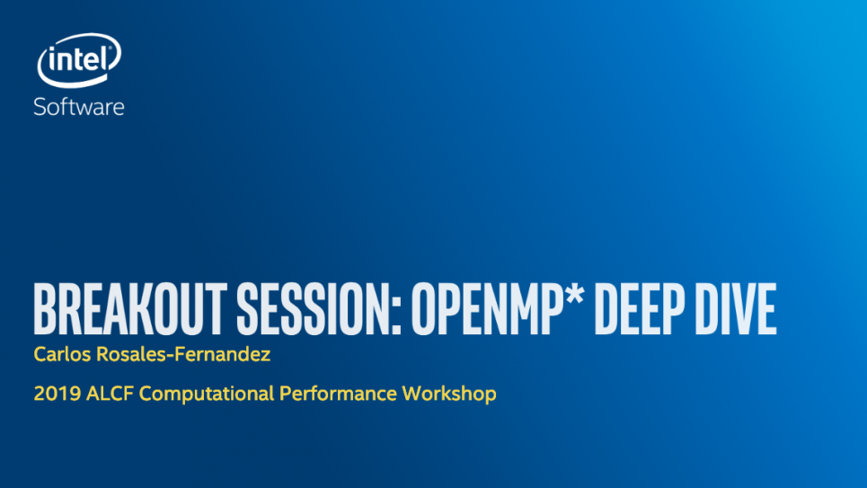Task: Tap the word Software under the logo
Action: pyautogui.click(x=78, y=107)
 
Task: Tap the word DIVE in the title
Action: pyautogui.click(x=736, y=309)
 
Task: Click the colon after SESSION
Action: pyautogui.click(x=396, y=316)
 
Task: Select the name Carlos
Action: pyautogui.click(x=62, y=354)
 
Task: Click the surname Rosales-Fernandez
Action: pyautogui.click(x=183, y=354)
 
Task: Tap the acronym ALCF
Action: pyautogui.click(x=110, y=394)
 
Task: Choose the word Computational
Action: pyautogui.click(x=207, y=394)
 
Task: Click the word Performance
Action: pyautogui.click(x=338, y=394)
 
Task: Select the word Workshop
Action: pyautogui.click(x=449, y=394)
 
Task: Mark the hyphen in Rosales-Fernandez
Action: pyautogui.click(x=171, y=356)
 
